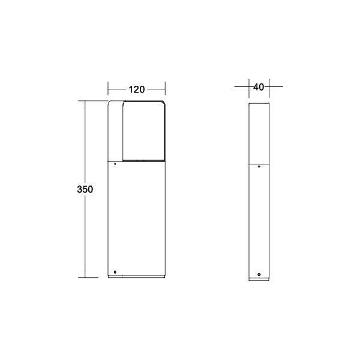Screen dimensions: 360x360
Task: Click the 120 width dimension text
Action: coord(136,89)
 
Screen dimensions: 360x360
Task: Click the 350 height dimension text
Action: coord(85,189)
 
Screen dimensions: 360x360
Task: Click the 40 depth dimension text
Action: coord(259,87)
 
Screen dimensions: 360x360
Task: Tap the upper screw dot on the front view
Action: coord(115,163)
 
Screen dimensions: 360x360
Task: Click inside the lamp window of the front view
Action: coord(143,132)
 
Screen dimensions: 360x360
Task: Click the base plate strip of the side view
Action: coord(259,279)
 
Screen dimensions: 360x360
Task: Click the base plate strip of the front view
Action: coord(136,277)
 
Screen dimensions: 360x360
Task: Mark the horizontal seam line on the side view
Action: coord(259,163)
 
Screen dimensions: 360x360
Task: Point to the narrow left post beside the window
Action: coord(115,132)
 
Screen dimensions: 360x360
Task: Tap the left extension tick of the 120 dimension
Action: coord(108,89)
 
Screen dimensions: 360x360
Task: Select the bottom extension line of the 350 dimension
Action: coord(90,278)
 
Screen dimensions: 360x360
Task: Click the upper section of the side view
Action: coord(259,132)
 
